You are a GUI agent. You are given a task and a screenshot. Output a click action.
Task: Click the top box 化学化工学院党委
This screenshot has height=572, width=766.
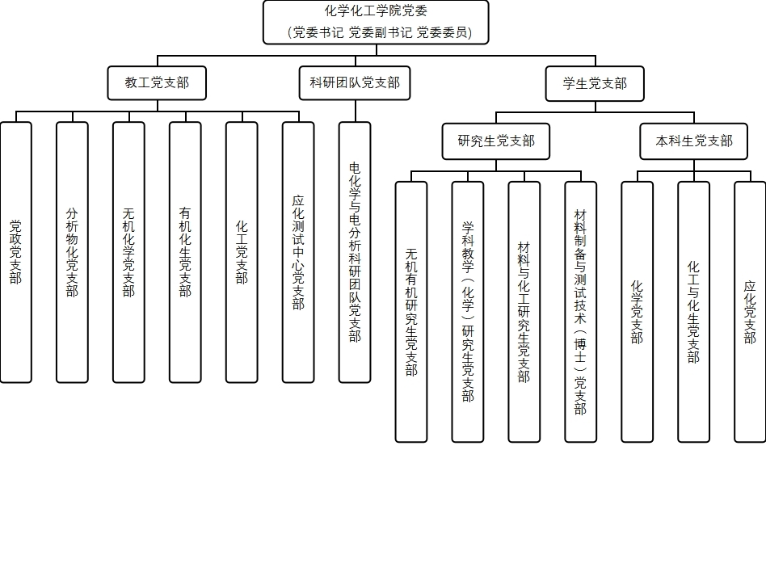point(376,22)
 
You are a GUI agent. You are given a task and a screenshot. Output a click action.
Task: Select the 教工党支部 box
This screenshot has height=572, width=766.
point(157,82)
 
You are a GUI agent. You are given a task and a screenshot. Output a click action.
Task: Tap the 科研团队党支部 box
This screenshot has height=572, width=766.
point(355,82)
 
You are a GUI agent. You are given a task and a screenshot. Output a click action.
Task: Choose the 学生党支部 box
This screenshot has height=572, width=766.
point(595,83)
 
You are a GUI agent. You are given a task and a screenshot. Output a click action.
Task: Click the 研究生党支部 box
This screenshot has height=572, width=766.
point(496,141)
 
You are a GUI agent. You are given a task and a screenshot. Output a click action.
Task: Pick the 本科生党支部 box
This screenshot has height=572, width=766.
point(694,141)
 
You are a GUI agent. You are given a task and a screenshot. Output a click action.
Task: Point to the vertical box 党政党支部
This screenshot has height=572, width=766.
point(16,252)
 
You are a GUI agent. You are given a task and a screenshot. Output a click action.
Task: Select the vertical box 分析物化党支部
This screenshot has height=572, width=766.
point(72,252)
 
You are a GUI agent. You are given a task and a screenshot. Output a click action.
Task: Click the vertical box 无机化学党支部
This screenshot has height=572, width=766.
point(128,252)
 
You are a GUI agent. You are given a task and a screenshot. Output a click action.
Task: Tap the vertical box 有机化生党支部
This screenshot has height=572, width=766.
point(185,252)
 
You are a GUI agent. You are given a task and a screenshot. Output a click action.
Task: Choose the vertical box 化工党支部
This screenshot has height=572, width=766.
point(242,252)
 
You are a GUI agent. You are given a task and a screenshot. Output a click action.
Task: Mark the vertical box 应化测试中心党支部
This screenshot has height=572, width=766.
point(298,252)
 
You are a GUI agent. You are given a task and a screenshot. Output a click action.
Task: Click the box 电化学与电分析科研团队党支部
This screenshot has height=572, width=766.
point(355,252)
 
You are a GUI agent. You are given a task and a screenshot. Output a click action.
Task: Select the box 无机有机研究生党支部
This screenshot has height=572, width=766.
point(411,312)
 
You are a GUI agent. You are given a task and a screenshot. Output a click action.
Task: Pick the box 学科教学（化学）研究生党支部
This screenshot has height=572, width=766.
point(468,312)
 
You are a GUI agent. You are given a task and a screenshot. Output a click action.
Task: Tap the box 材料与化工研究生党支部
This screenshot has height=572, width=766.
point(524,312)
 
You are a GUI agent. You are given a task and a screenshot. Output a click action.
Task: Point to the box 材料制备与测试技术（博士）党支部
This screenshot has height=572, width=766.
point(581,312)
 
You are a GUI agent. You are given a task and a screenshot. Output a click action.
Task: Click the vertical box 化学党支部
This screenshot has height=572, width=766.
point(637,312)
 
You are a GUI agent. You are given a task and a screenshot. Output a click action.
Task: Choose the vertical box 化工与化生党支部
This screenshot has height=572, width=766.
point(693,312)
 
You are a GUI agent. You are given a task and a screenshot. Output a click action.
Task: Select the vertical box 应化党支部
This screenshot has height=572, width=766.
point(750,312)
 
